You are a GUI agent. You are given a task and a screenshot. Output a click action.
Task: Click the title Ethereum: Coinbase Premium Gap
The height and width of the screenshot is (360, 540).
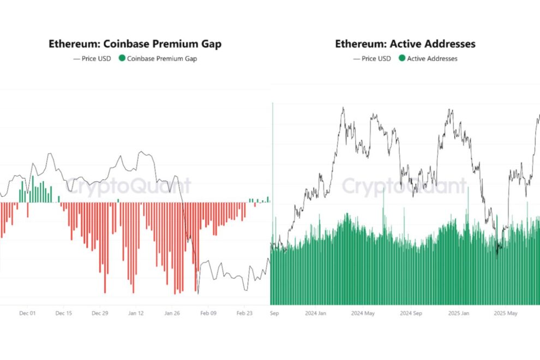pyautogui.click(x=135, y=44)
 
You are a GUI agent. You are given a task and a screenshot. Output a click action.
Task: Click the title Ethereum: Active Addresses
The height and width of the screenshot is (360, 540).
pyautogui.click(x=405, y=44)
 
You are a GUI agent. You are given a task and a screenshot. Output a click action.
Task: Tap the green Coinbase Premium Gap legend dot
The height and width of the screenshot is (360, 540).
pyautogui.click(x=122, y=58)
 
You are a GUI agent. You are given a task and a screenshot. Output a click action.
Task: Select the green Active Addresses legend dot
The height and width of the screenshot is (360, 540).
pyautogui.click(x=402, y=58)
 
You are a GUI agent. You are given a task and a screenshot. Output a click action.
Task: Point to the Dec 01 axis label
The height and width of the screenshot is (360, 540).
pyautogui.click(x=27, y=314)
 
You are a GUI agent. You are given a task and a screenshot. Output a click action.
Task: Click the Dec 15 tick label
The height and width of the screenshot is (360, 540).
pyautogui.click(x=63, y=314)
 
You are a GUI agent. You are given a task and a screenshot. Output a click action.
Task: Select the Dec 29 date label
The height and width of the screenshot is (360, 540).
pyautogui.click(x=100, y=314)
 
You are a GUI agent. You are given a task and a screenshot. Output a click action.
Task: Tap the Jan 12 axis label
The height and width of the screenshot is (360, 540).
pyautogui.click(x=136, y=314)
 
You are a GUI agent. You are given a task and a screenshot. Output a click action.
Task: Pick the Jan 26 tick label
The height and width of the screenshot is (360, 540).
pyautogui.click(x=172, y=314)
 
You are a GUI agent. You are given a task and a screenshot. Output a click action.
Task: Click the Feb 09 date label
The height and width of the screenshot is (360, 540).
pyautogui.click(x=208, y=314)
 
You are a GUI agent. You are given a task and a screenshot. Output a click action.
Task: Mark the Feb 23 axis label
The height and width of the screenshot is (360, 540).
pyautogui.click(x=244, y=314)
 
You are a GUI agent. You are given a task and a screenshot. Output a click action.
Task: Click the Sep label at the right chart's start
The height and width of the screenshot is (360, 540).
pyautogui.click(x=274, y=314)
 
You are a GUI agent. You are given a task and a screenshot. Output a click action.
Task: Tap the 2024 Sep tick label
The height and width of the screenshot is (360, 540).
pyautogui.click(x=411, y=314)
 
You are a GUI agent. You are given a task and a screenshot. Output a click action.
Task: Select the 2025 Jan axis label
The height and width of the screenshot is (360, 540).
pyautogui.click(x=459, y=314)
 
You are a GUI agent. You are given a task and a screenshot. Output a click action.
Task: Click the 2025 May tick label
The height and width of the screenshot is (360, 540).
pyautogui.click(x=505, y=314)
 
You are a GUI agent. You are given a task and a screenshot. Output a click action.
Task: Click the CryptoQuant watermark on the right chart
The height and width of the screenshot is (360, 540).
pyautogui.click(x=404, y=186)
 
